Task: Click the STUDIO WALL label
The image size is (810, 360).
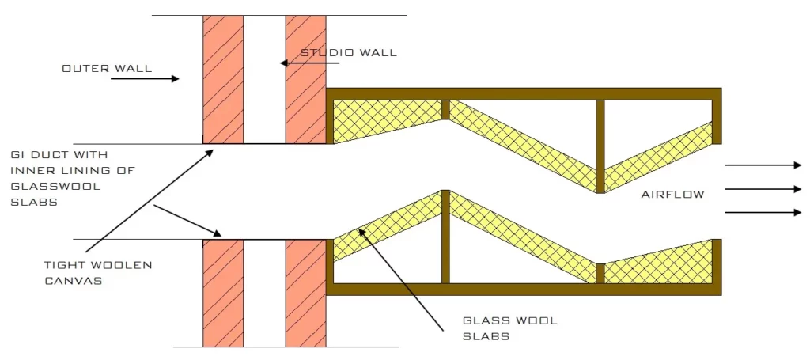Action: (349, 53)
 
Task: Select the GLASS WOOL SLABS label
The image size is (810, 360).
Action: (510, 328)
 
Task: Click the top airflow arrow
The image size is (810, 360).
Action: (763, 165)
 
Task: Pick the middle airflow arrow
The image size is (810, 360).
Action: (763, 189)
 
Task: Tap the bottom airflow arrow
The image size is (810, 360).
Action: (763, 212)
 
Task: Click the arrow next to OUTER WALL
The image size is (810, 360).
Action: (145, 78)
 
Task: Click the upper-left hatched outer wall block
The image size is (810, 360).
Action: (223, 79)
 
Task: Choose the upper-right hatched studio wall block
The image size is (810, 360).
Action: (305, 79)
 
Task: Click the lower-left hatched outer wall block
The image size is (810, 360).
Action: (223, 293)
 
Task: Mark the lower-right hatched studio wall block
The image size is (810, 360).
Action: (305, 293)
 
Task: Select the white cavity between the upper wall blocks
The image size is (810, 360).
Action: (264, 79)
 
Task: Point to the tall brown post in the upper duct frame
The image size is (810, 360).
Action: (600, 142)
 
